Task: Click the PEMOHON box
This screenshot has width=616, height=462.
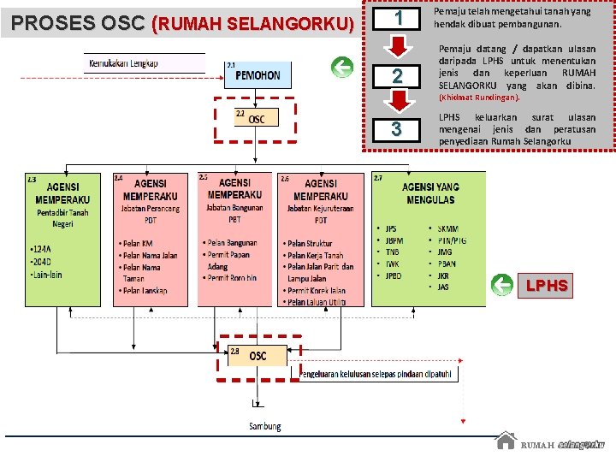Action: coord(258,75)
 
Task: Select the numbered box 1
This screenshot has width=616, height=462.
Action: coord(396,19)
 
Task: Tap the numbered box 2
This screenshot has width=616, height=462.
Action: coord(396,76)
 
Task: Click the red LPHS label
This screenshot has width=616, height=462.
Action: coord(546,286)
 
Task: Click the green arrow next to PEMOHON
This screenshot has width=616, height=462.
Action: coord(342,68)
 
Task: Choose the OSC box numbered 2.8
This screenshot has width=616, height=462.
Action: coord(257,356)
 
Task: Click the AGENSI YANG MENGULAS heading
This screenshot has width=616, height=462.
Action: coord(430,193)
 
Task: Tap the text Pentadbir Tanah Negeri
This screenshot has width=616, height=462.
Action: coord(62,218)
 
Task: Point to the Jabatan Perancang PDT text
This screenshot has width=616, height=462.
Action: coord(150,213)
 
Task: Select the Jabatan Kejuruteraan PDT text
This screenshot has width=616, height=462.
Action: coord(321,213)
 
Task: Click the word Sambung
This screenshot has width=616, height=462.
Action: coord(264,426)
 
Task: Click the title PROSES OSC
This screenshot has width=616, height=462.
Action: coord(79,22)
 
